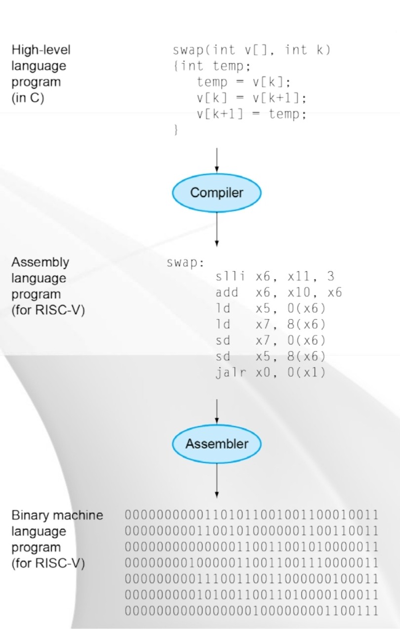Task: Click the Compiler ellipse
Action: pyautogui.click(x=216, y=192)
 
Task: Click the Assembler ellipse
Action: pyautogui.click(x=216, y=443)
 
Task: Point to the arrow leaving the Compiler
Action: pyautogui.click(x=216, y=229)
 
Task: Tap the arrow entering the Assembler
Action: pyautogui.click(x=216, y=413)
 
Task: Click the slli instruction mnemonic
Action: pyautogui.click(x=230, y=277)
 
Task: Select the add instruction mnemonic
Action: pyautogui.click(x=227, y=293)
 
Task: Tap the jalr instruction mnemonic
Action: pyautogui.click(x=230, y=373)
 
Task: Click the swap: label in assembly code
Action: pyautogui.click(x=185, y=262)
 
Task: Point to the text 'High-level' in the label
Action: pyautogui.click(x=41, y=50)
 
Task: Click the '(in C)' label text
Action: pyautogui.click(x=28, y=98)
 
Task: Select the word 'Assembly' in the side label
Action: pyautogui.click(x=40, y=262)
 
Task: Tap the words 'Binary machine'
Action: pyautogui.click(x=57, y=515)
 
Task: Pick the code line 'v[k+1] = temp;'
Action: pyautogui.click(x=252, y=114)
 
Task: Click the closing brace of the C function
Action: pyautogui.click(x=175, y=130)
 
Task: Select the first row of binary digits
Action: pyautogui.click(x=251, y=515)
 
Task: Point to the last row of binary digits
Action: pyautogui.click(x=251, y=611)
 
